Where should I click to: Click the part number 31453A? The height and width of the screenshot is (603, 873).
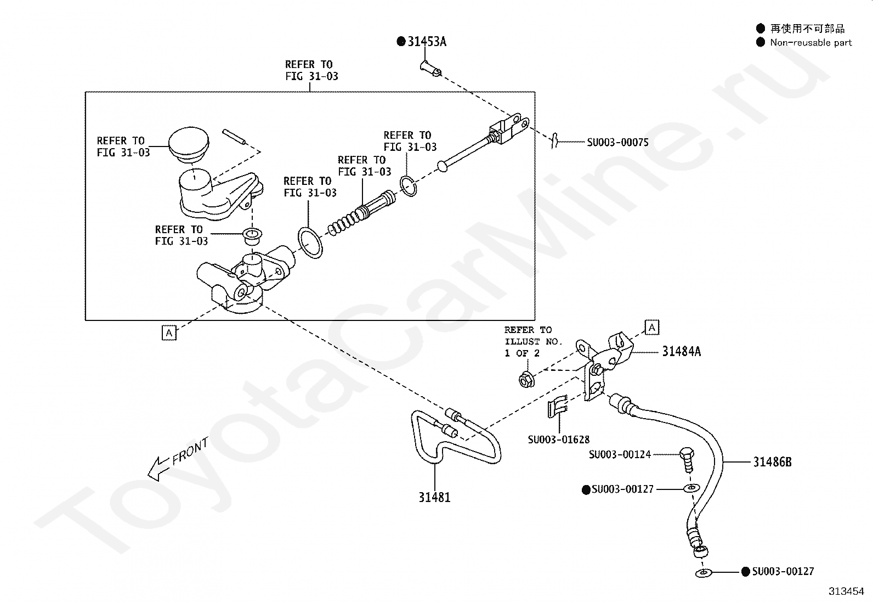coord(427,41)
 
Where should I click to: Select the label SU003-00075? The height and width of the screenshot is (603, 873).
coord(617,142)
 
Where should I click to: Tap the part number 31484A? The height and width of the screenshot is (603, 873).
coord(682,351)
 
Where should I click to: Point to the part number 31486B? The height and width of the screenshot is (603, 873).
coord(772,462)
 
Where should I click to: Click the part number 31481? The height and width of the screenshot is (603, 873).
coord(434,497)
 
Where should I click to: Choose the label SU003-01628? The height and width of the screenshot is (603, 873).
coord(558,439)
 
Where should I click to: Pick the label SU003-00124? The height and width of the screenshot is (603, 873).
coord(620,454)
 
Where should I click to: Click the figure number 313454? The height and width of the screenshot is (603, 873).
coord(846,591)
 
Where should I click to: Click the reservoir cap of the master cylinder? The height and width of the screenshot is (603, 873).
coord(189,144)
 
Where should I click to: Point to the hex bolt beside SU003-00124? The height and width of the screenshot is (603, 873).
coord(687,460)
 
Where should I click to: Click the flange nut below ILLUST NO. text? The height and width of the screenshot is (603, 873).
coord(526,380)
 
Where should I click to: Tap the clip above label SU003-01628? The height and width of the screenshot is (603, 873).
coord(557,407)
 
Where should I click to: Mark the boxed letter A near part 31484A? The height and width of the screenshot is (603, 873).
coord(652,327)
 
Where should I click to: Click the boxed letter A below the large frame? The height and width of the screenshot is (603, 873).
coord(169,333)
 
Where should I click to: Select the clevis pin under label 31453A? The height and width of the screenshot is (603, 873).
coord(430,68)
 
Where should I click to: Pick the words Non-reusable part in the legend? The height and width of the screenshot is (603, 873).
coord(811,42)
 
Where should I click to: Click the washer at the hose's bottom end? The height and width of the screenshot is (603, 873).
coord(704,573)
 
